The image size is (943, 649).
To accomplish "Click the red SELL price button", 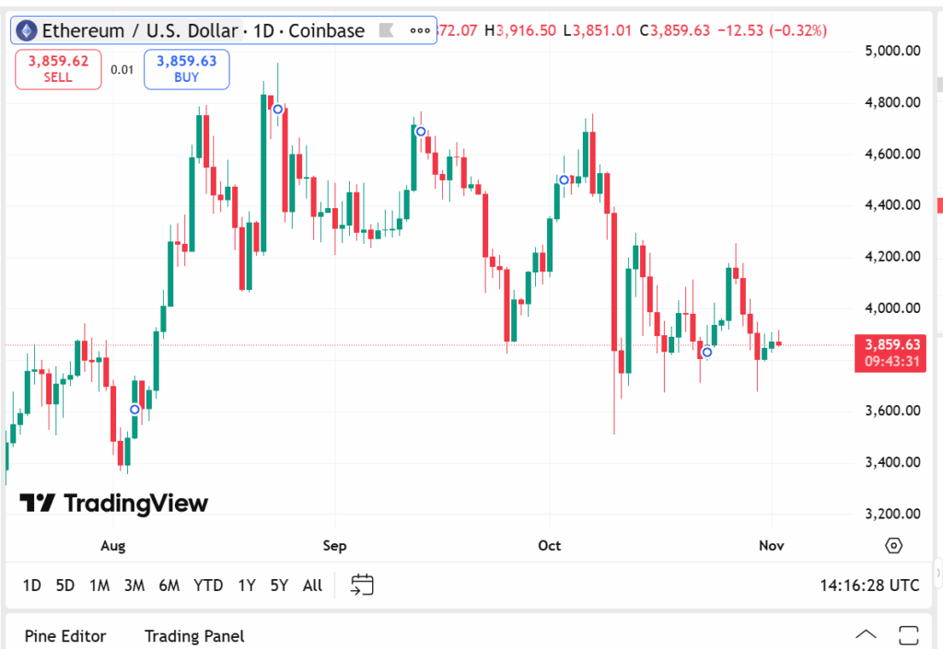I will tap(57, 69).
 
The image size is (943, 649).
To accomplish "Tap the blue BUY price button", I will tap(186, 69).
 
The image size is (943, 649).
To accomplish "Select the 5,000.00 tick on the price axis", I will tap(892, 51).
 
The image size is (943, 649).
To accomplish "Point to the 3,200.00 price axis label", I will tap(892, 514).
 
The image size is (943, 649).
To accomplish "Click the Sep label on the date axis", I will tap(334, 546).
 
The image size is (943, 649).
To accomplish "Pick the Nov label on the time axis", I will tap(772, 546).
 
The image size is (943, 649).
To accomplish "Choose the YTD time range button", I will tap(208, 585).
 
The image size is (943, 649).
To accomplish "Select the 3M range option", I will tap(134, 585).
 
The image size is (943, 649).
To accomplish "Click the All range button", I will tap(312, 585).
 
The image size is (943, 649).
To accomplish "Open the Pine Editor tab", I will tap(65, 636).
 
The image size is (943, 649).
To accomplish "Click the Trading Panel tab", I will tap(194, 636).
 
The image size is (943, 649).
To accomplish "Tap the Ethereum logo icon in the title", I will tap(27, 30).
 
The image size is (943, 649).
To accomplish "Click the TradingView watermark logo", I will tap(114, 503).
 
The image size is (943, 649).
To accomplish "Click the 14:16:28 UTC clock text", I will tap(869, 585).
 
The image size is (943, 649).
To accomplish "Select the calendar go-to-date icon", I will tap(362, 585).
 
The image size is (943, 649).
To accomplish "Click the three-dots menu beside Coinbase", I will tap(420, 30).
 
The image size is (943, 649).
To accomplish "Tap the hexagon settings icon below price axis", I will tap(893, 546).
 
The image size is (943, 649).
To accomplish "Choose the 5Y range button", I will tap(279, 585).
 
